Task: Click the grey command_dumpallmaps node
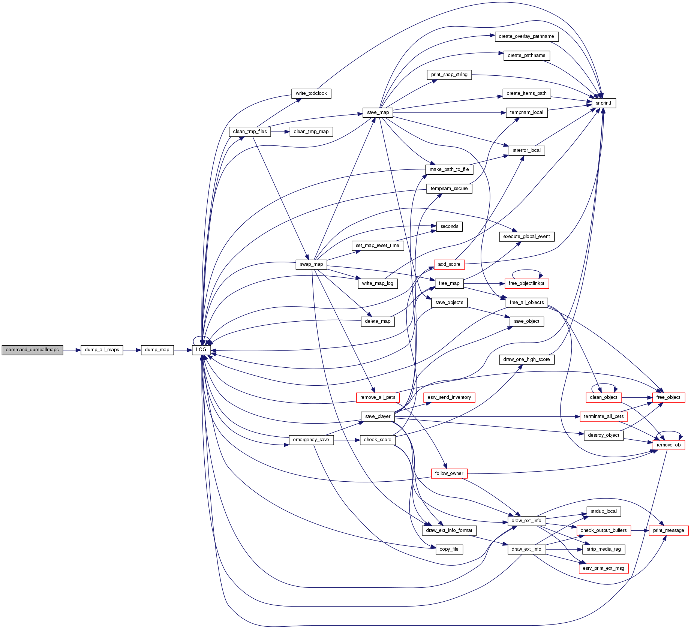32,350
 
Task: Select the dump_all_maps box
102,350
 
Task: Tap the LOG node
201,350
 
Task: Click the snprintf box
603,103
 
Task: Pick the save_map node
378,112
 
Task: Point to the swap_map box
311,264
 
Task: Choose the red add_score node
449,264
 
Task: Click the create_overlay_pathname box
526,36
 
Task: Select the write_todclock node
311,93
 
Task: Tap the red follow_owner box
449,473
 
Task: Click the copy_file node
449,549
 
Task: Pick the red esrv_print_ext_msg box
603,568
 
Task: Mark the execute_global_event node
526,237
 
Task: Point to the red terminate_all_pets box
603,416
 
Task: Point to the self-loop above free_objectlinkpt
527,270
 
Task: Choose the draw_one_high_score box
526,359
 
